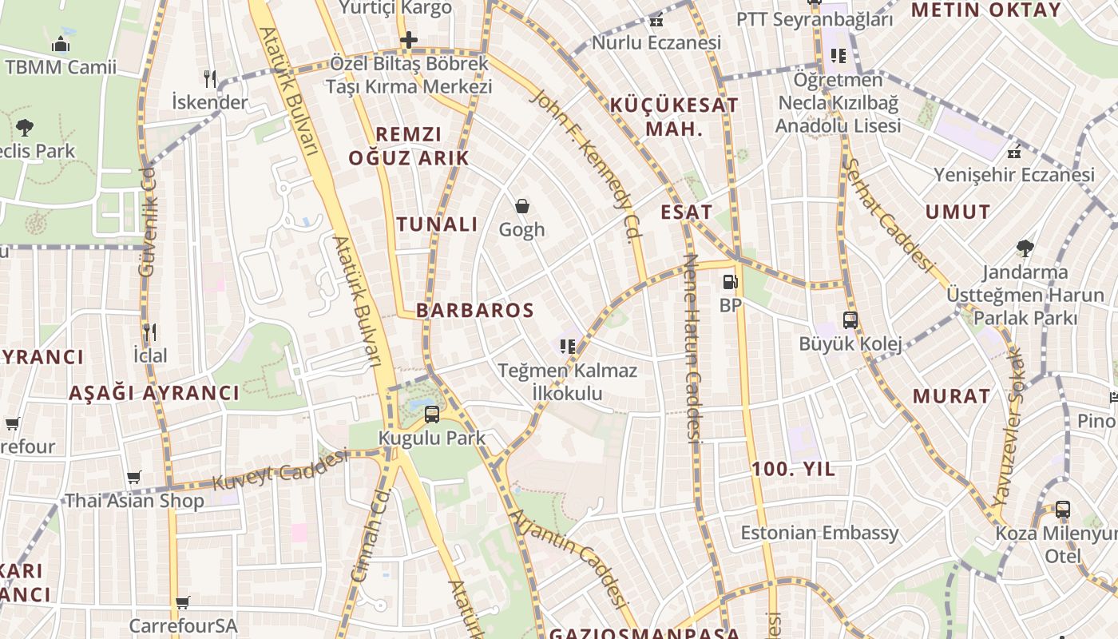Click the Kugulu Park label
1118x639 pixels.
tap(431, 438)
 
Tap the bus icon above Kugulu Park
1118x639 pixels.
tap(432, 414)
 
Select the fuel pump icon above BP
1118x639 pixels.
tap(729, 282)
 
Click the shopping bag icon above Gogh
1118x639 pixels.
tap(522, 206)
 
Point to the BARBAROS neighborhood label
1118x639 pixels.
tap(474, 311)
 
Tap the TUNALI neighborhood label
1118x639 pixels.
tap(438, 224)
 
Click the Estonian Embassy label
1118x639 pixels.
tap(819, 533)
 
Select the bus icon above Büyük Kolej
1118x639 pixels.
tap(850, 320)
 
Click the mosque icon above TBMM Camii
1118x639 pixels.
tap(61, 44)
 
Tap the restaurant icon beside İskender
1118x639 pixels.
tap(210, 78)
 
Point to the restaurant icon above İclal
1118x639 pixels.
tap(149, 331)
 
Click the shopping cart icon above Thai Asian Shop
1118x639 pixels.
tap(134, 478)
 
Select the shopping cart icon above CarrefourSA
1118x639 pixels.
tap(183, 602)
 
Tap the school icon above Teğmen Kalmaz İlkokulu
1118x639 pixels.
tap(568, 346)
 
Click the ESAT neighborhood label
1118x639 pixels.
tap(686, 212)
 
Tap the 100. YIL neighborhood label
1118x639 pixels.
tap(793, 469)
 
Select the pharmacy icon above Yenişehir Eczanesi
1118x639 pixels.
tap(1014, 151)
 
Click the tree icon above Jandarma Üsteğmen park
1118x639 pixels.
tap(1025, 248)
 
